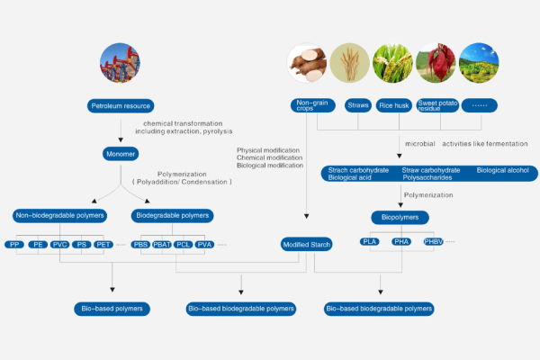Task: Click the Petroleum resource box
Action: (x=120, y=106)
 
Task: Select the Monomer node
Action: (x=120, y=154)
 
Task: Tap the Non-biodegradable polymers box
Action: (x=59, y=215)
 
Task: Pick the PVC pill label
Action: (x=60, y=244)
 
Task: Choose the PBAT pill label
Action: (x=162, y=244)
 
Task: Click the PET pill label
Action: (x=103, y=244)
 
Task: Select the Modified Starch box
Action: (x=307, y=244)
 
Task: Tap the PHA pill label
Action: (x=401, y=241)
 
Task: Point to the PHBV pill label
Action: (x=434, y=241)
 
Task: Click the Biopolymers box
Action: (x=400, y=217)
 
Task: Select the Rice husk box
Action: (x=394, y=105)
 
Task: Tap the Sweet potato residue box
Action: (x=437, y=105)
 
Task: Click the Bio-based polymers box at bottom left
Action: (x=112, y=309)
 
